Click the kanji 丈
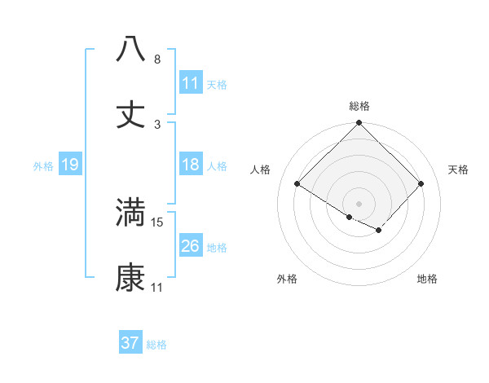[130, 114]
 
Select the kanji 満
[130, 212]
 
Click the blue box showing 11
[191, 83]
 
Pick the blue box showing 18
[191, 165]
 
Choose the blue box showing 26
[191, 246]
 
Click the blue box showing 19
[70, 165]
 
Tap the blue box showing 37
[130, 343]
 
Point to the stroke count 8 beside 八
[157, 59]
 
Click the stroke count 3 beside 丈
[157, 125]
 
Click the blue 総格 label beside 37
[156, 345]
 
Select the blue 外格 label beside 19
[43, 166]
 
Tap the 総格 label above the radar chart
[359, 106]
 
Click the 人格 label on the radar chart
[261, 169]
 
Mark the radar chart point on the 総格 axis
[359, 124]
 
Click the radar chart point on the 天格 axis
[421, 184]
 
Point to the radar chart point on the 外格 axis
[350, 217]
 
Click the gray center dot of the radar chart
[359, 203]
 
